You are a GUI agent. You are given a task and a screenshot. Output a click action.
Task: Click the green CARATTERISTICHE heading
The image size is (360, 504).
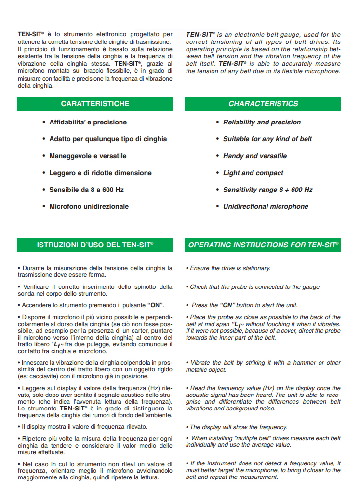[95, 104]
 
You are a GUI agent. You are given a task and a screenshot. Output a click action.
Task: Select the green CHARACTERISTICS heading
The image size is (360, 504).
[263, 104]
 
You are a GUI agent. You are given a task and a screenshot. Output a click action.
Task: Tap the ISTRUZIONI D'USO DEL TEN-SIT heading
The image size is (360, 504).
[95, 245]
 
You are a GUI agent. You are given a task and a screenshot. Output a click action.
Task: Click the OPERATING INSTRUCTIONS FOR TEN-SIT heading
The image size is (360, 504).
[263, 245]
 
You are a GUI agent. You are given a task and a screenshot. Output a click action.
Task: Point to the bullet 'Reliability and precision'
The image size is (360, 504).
[262, 123]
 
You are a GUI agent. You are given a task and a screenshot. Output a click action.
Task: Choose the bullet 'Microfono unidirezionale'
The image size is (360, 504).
[89, 207]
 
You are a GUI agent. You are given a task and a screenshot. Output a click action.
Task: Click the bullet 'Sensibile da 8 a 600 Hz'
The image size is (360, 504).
[86, 190]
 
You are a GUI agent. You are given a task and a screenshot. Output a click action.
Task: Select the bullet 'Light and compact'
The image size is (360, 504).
[253, 173]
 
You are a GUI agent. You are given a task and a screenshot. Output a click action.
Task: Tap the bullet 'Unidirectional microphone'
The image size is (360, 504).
[266, 207]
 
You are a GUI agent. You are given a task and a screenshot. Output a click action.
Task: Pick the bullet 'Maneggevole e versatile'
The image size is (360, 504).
[88, 156]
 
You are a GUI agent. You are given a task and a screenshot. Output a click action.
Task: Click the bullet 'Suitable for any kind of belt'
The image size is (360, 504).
[267, 139]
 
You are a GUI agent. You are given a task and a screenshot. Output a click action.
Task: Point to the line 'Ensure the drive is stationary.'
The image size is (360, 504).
[229, 268]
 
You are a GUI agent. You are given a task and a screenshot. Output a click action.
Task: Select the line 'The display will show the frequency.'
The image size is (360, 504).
[238, 427]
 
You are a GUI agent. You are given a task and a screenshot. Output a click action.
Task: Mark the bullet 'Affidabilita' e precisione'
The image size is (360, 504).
[88, 123]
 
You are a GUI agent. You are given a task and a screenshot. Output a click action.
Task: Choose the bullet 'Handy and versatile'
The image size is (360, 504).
[254, 156]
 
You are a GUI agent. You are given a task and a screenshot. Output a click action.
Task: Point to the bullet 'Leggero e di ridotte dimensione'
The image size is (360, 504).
[100, 173]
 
